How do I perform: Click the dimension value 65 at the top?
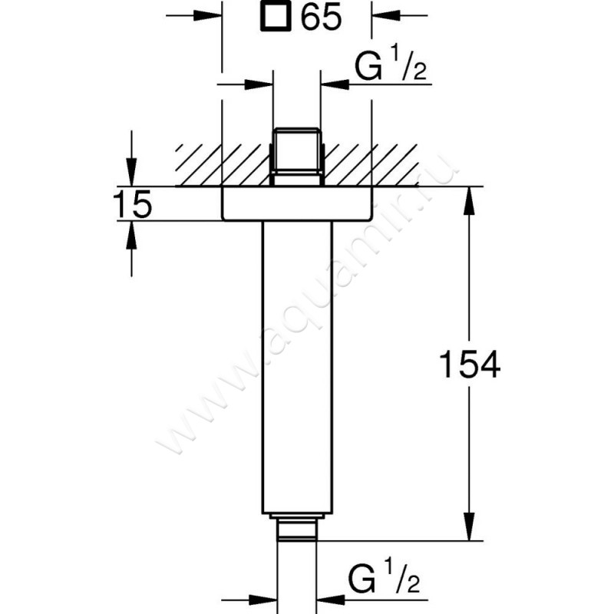tap(321, 18)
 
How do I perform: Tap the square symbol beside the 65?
tap(276, 16)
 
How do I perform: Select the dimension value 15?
tap(132, 204)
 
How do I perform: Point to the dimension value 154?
tap(470, 364)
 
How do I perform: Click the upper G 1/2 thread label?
tap(391, 64)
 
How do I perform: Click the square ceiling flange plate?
tap(296, 203)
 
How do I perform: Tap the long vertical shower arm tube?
tap(297, 368)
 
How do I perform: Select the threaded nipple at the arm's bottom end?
tap(297, 527)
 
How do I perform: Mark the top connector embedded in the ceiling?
tap(297, 157)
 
